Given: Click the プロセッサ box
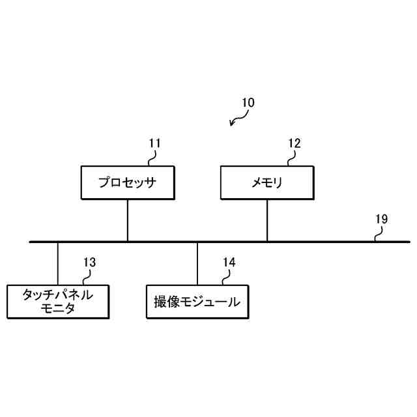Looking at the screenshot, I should click(127, 182).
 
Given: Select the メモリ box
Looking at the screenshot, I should click(267, 182).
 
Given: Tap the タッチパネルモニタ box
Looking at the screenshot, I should click(57, 302).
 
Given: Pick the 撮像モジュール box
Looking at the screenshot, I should click(197, 302).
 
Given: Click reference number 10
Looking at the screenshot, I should click(248, 102).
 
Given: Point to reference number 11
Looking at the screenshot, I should click(154, 143).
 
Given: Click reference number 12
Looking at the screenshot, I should click(295, 143).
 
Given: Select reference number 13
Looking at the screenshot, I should click(89, 262).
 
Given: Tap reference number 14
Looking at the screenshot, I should click(229, 262).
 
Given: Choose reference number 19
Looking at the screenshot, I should click(381, 219).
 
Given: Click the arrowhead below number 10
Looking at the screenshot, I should click(233, 124).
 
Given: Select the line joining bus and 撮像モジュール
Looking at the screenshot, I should click(197, 263).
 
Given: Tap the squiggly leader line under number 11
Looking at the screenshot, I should click(152, 158).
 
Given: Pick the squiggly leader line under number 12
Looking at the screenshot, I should click(292, 158).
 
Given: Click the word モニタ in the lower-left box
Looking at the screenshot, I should click(57, 309).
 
